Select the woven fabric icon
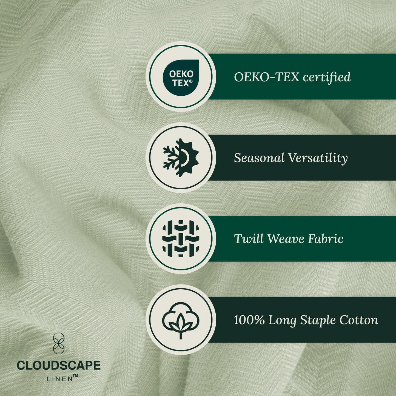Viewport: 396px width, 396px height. click(x=181, y=238)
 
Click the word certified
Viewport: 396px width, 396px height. click(x=327, y=77)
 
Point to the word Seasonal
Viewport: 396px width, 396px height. click(x=259, y=158)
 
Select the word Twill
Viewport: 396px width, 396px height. click(x=249, y=239)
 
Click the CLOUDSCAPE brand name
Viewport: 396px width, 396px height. click(x=59, y=366)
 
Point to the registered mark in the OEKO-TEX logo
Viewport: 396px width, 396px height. click(x=191, y=81)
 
